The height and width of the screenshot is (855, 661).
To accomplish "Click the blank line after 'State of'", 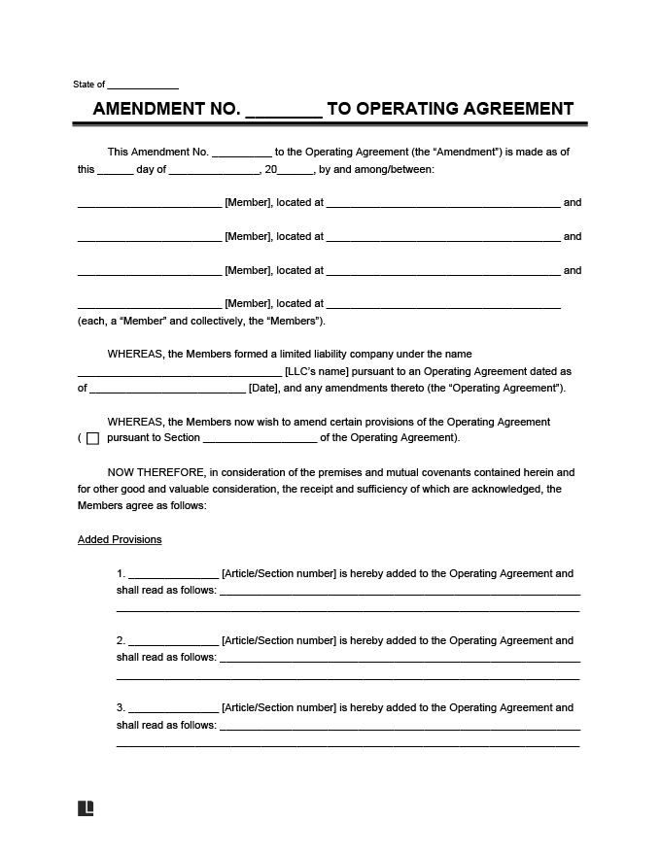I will click(143, 85).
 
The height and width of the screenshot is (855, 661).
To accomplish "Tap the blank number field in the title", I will click(283, 110).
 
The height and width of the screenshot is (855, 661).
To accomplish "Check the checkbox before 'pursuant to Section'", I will click(93, 438).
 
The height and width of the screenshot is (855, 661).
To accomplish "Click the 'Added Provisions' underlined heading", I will click(120, 539).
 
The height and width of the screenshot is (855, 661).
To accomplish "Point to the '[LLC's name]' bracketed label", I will click(314, 371).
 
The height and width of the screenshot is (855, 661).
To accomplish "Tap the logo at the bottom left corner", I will click(86, 807).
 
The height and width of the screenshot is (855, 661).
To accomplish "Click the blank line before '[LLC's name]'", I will click(179, 372).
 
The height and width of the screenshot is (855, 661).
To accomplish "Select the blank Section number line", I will click(260, 438).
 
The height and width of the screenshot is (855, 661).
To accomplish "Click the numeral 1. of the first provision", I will click(121, 573).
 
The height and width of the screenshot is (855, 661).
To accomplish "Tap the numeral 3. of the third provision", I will click(121, 707).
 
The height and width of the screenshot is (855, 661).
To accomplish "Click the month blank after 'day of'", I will click(214, 170).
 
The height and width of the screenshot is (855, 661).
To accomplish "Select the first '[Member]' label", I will click(247, 203).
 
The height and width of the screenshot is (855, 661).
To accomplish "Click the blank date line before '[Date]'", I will click(168, 389).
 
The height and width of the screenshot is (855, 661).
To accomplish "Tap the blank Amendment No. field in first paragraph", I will click(241, 153).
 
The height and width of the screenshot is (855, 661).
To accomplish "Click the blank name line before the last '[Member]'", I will click(150, 304).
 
